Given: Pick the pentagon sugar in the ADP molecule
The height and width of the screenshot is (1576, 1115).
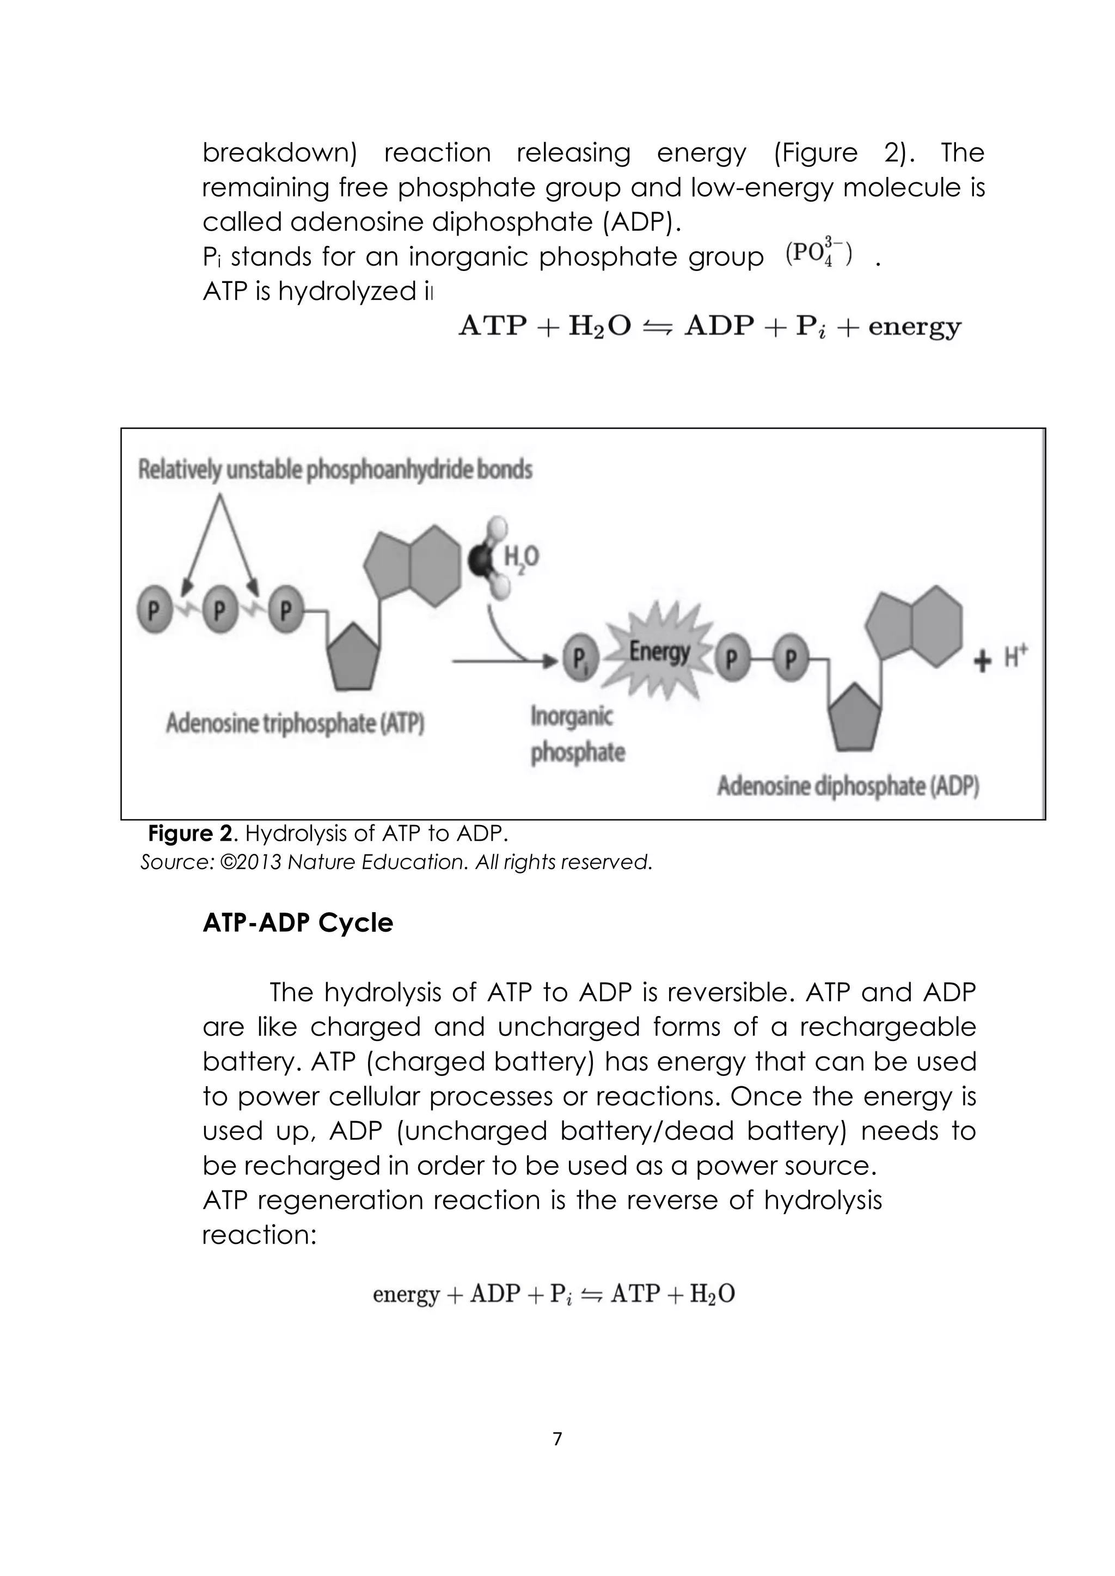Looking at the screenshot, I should pos(854,718).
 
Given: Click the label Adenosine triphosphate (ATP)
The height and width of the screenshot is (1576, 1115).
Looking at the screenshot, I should pos(295,723).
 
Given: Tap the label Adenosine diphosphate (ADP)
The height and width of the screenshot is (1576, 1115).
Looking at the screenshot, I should pos(848,786).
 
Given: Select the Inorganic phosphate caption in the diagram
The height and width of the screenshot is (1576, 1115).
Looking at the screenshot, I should pos(577,735).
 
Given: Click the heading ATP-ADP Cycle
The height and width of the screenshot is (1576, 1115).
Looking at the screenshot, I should pos(297,923).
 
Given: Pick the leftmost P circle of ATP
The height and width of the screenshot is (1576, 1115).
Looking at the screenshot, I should pos(156,610).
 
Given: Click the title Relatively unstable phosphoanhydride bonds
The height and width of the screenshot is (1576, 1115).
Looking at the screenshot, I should pos(335,470).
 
